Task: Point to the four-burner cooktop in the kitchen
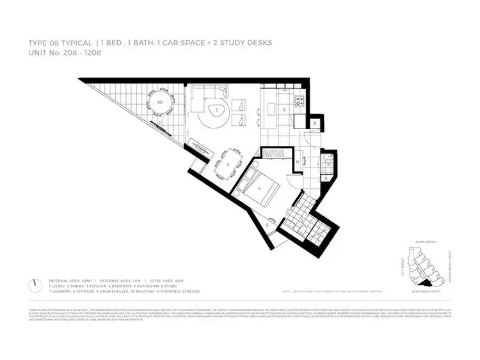coord(298,101)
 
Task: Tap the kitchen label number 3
coord(284,110)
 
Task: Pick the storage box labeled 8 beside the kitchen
coord(316,123)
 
